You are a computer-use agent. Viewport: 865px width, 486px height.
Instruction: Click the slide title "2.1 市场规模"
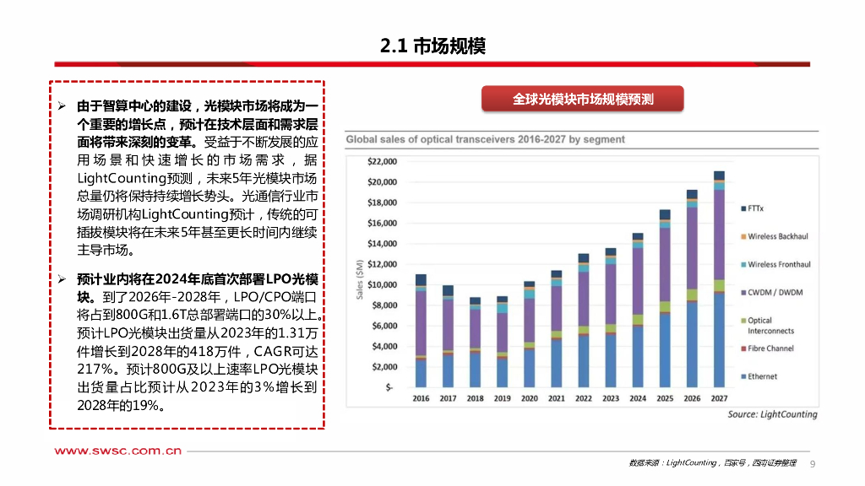click(x=432, y=46)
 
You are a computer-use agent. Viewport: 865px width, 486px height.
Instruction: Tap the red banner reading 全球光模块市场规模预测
click(x=582, y=100)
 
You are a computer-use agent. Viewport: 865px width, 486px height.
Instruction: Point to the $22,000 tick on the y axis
click(x=384, y=161)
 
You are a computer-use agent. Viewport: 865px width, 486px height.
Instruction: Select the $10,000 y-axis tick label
click(x=384, y=284)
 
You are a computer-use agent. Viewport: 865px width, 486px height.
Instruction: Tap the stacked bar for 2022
click(x=583, y=321)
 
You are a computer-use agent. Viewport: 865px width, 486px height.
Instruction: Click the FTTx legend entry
click(x=756, y=208)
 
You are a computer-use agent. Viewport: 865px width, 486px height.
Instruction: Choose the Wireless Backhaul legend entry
click(x=778, y=236)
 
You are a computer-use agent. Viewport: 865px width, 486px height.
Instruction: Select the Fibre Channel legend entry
click(x=770, y=348)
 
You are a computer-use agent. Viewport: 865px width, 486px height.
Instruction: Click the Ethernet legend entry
click(x=762, y=376)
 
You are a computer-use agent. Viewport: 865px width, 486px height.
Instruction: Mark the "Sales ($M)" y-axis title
click(x=359, y=278)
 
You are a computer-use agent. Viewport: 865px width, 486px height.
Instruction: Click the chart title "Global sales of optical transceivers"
click(x=484, y=139)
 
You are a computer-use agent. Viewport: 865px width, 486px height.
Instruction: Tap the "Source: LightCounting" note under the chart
click(x=772, y=414)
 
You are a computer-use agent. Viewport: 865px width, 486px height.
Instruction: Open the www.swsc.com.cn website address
click(x=118, y=451)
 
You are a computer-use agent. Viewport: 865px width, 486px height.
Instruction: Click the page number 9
click(x=813, y=463)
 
